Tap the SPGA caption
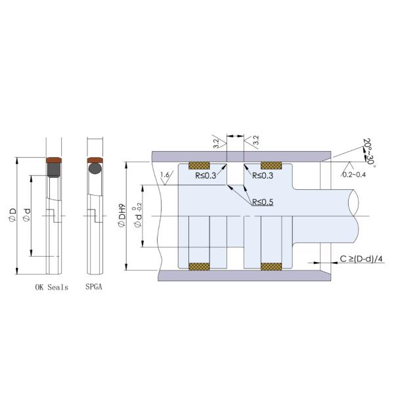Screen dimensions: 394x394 [95, 288]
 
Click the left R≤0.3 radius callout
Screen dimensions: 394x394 [206, 176]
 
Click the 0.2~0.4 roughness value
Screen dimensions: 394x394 [354, 175]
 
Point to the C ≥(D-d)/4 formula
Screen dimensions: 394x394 [361, 259]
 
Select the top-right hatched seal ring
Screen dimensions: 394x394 [271, 165]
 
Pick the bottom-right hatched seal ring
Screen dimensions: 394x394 [271, 266]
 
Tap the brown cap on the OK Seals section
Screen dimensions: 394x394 [54, 160]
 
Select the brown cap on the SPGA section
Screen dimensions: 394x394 [95, 160]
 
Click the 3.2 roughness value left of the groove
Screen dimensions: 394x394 [215, 141]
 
